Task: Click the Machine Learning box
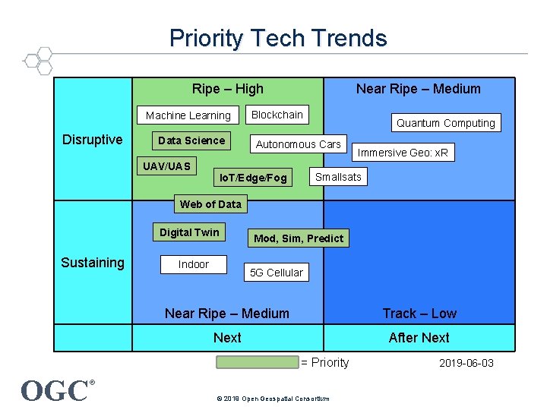pos(188,115)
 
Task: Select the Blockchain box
pos(277,115)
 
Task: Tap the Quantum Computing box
pos(445,123)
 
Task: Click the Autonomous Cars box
pos(299,144)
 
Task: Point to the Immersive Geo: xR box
pos(403,153)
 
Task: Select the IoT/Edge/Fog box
pos(253,178)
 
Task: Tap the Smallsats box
pos(338,177)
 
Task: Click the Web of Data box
pos(210,203)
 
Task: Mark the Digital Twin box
pos(189,232)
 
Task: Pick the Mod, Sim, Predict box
pos(299,238)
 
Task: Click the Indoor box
pos(193,264)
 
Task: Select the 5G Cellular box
pos(277,273)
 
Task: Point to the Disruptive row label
pos(93,140)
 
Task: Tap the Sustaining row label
pos(93,263)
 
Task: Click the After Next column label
pos(419,338)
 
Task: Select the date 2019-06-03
pos(466,363)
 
